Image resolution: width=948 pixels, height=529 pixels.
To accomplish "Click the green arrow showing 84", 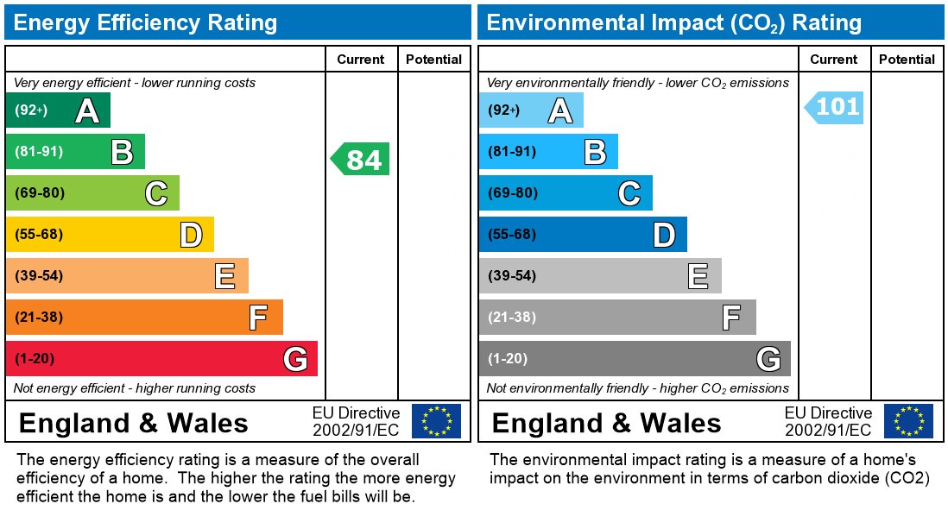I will [362, 160].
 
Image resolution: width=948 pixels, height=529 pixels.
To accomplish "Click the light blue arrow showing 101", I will [835, 108].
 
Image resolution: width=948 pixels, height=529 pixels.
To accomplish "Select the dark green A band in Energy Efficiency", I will [58, 110].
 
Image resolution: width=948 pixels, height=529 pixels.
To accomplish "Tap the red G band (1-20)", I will [161, 359].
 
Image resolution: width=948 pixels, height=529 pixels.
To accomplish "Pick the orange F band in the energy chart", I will [144, 318].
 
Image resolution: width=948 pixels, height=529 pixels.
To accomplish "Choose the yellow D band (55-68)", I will [110, 235].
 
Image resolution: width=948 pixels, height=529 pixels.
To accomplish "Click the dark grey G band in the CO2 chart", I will [635, 359].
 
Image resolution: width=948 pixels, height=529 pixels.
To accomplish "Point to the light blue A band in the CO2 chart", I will [531, 110].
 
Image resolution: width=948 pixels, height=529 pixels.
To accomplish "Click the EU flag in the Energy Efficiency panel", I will [436, 421].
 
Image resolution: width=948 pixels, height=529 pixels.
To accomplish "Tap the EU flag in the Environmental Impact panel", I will [908, 421].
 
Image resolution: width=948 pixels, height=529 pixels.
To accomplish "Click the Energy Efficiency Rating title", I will [146, 22].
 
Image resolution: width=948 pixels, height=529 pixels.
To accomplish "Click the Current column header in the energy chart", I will [360, 60].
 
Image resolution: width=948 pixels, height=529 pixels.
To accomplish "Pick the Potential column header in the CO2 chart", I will [907, 60].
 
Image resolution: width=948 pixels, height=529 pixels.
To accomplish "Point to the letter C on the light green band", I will [155, 193].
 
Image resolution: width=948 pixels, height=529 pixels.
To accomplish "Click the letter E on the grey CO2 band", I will [698, 276].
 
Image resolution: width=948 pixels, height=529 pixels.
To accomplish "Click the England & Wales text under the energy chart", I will [133, 423].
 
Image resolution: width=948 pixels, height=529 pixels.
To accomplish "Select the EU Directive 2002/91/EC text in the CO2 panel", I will [828, 421].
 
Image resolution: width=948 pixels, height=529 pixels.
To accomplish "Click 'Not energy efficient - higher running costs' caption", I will [135, 388].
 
